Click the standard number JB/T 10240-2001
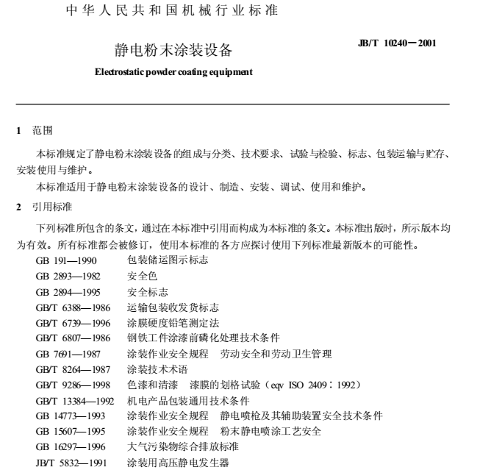397,43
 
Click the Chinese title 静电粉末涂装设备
173,50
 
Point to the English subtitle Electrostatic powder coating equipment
173,72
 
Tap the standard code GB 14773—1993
71,416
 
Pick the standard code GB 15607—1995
71,431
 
